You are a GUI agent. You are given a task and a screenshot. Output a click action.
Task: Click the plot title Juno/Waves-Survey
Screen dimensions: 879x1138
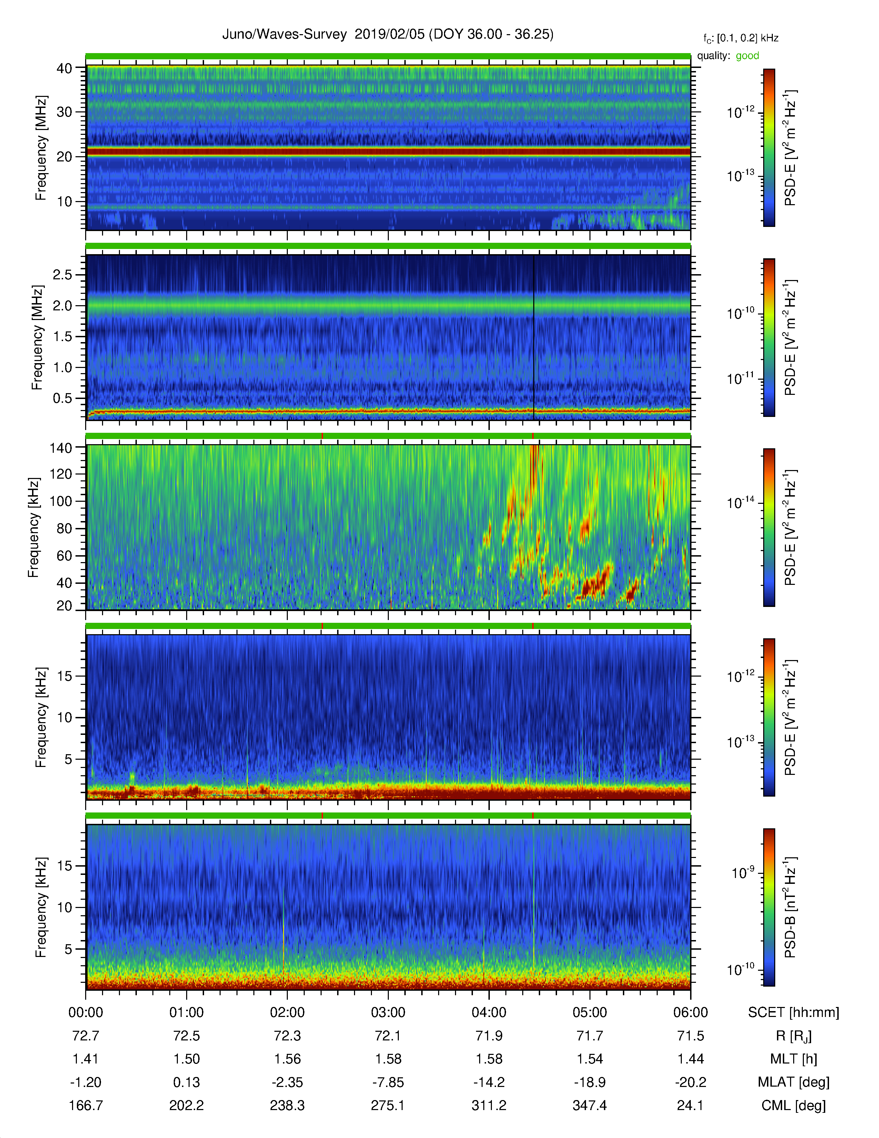[x=284, y=34]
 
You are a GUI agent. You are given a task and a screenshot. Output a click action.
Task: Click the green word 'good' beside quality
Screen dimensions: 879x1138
[x=747, y=56]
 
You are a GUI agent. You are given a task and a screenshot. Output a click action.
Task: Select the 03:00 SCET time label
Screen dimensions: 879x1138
[x=388, y=1012]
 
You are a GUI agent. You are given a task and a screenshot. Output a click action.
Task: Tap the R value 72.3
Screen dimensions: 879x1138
[x=287, y=1036]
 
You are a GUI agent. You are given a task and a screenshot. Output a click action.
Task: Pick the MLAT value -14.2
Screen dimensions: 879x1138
[x=489, y=1082]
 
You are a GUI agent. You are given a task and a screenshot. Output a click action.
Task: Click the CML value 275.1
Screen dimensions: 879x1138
[x=388, y=1105]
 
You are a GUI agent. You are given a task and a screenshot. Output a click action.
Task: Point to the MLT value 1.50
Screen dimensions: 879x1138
[x=186, y=1059]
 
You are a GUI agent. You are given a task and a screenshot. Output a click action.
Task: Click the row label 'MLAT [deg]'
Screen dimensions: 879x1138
[x=794, y=1082]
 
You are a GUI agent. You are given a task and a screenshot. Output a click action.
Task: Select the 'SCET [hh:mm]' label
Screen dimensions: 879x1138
[x=794, y=1012]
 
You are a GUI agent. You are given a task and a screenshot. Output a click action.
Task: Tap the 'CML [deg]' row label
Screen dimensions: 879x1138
[x=794, y=1106]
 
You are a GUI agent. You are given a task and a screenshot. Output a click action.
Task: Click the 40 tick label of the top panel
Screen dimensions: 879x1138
[x=64, y=68]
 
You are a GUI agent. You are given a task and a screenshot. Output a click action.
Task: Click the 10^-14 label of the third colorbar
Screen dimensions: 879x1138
[x=740, y=502]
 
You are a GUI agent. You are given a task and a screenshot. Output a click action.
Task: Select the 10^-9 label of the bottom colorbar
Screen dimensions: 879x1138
[x=743, y=872]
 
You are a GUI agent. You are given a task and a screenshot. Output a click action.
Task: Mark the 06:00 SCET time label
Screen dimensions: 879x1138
[x=690, y=1012]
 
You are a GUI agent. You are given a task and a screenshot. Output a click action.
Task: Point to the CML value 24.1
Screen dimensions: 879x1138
[x=690, y=1105]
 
